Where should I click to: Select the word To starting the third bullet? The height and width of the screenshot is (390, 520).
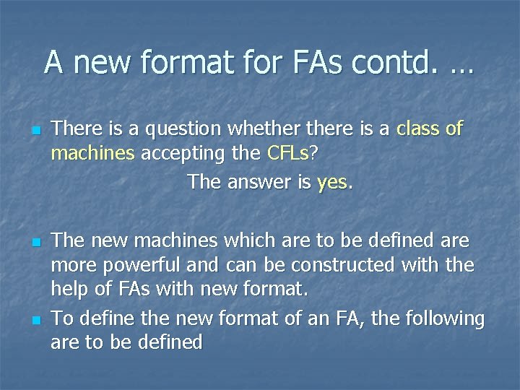(x=63, y=318)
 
